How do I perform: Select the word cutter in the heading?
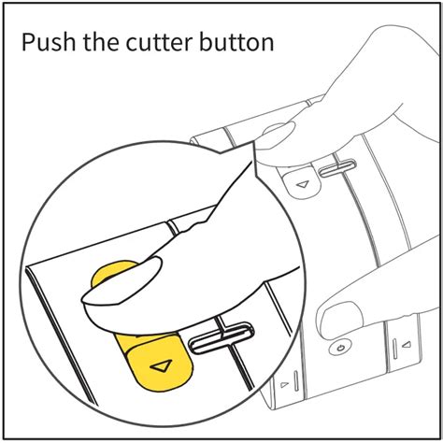159,42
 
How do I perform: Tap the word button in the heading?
236,42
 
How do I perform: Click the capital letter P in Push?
28,42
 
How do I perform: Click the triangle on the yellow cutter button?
162,365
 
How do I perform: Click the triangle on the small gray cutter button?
303,184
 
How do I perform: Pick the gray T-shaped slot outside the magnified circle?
337,167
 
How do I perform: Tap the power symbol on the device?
340,348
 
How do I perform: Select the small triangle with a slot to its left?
406,345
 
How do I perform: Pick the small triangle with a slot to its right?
284,384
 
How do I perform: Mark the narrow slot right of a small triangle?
295,380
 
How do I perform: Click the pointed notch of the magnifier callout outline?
221,153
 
